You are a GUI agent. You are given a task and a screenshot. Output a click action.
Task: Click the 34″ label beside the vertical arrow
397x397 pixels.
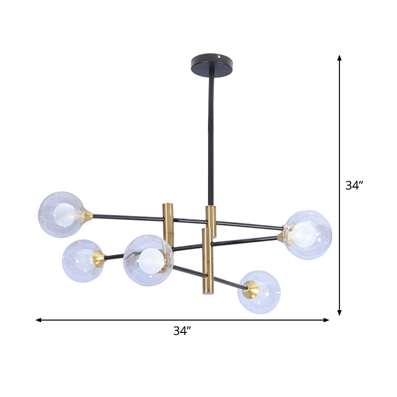[355, 186]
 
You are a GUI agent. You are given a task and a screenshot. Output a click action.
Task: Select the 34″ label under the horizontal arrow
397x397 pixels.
[182, 331]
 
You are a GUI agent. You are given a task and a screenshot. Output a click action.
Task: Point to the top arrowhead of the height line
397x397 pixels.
[339, 58]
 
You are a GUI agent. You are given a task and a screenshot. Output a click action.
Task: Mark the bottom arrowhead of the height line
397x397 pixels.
[339, 313]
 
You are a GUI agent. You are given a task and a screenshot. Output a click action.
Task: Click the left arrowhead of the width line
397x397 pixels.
[38, 320]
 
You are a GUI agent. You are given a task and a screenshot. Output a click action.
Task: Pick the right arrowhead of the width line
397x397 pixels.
[326, 320]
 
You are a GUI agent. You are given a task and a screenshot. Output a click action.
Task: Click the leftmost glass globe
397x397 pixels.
[62, 214]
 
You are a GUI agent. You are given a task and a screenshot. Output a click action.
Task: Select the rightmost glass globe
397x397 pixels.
[308, 234]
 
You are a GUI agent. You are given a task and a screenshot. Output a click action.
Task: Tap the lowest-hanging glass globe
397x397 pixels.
[259, 292]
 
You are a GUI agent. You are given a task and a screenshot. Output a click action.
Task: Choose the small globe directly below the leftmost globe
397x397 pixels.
[82, 261]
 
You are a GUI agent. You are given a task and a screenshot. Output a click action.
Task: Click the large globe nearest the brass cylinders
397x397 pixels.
[148, 260]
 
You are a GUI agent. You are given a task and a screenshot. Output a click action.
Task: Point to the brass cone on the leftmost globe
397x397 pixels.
[88, 215]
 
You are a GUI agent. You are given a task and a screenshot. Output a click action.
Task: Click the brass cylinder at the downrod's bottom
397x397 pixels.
[211, 221]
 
